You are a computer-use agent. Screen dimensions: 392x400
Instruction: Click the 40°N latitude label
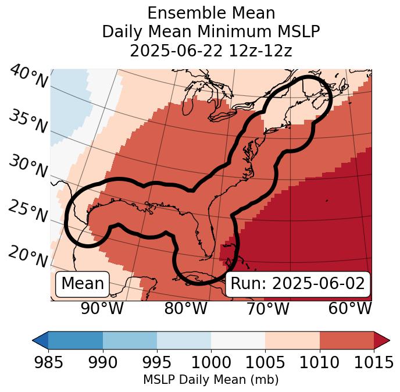coord(28,77)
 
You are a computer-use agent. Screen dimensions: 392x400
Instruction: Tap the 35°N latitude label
coord(28,122)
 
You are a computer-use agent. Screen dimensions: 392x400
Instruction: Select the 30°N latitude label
coord(28,167)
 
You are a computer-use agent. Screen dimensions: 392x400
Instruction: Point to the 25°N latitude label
coord(28,212)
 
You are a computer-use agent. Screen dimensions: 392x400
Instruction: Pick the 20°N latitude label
coord(28,256)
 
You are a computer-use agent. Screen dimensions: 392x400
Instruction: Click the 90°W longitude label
coord(102,308)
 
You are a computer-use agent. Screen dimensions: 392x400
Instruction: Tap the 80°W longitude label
coord(185,308)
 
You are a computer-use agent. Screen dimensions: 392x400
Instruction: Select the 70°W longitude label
coord(267,308)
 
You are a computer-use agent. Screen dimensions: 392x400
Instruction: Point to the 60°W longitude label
coord(350,308)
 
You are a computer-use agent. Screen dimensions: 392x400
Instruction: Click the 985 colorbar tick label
coord(48,363)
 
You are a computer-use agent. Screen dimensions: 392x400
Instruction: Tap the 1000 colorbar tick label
coord(211,363)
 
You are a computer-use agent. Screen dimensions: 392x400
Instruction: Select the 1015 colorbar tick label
coord(373,363)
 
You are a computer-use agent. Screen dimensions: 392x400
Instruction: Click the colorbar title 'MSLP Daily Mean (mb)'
coord(210,380)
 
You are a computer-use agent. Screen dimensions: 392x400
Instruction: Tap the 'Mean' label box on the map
coord(83,284)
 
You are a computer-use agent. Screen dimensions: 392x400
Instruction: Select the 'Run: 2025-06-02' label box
coord(298,284)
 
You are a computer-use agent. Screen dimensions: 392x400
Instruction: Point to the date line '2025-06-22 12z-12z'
coord(211,51)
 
